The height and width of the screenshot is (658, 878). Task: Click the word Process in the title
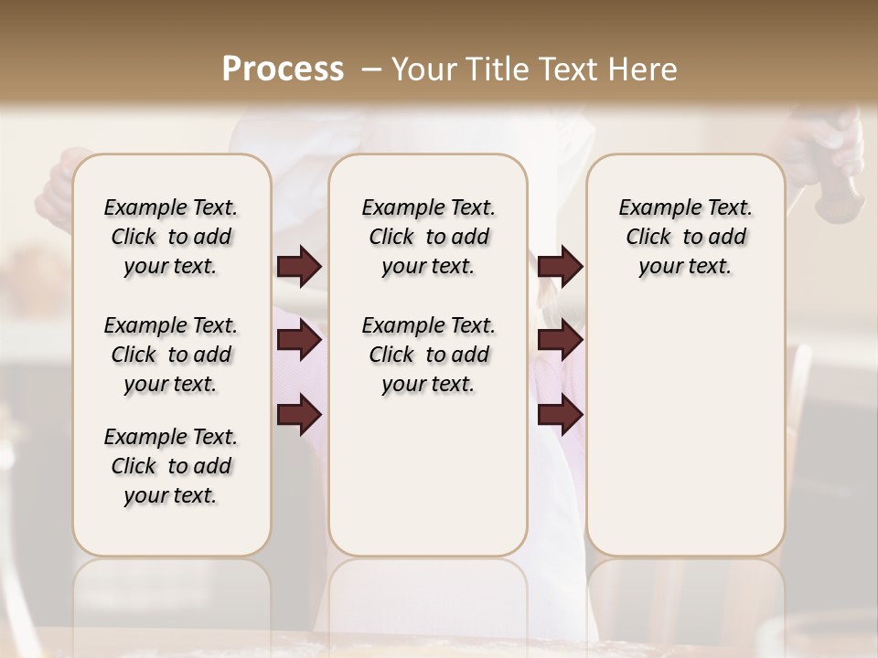coord(283,69)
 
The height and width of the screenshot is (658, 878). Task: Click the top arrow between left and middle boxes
coord(299,267)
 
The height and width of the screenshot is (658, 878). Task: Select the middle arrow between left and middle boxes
coord(299,341)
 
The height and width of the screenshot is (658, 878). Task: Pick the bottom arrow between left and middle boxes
coord(299,416)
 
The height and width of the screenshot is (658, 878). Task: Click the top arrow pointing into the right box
coord(560,267)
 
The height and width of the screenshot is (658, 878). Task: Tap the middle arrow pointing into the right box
coord(560,341)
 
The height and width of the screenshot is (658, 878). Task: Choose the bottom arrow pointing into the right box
coord(560,416)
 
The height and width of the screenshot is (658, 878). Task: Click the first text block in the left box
coord(171,237)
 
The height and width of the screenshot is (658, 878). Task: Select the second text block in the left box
coord(171,355)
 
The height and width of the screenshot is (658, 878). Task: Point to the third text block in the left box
coord(171,466)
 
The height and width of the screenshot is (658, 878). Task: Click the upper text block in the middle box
coord(428,237)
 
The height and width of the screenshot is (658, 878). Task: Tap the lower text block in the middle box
coord(428,355)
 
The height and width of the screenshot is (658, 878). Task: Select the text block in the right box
coord(685,237)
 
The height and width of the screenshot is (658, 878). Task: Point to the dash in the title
coord(370,69)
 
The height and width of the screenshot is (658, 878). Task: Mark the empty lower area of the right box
coord(685,430)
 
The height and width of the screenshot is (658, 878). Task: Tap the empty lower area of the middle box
coord(428,475)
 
